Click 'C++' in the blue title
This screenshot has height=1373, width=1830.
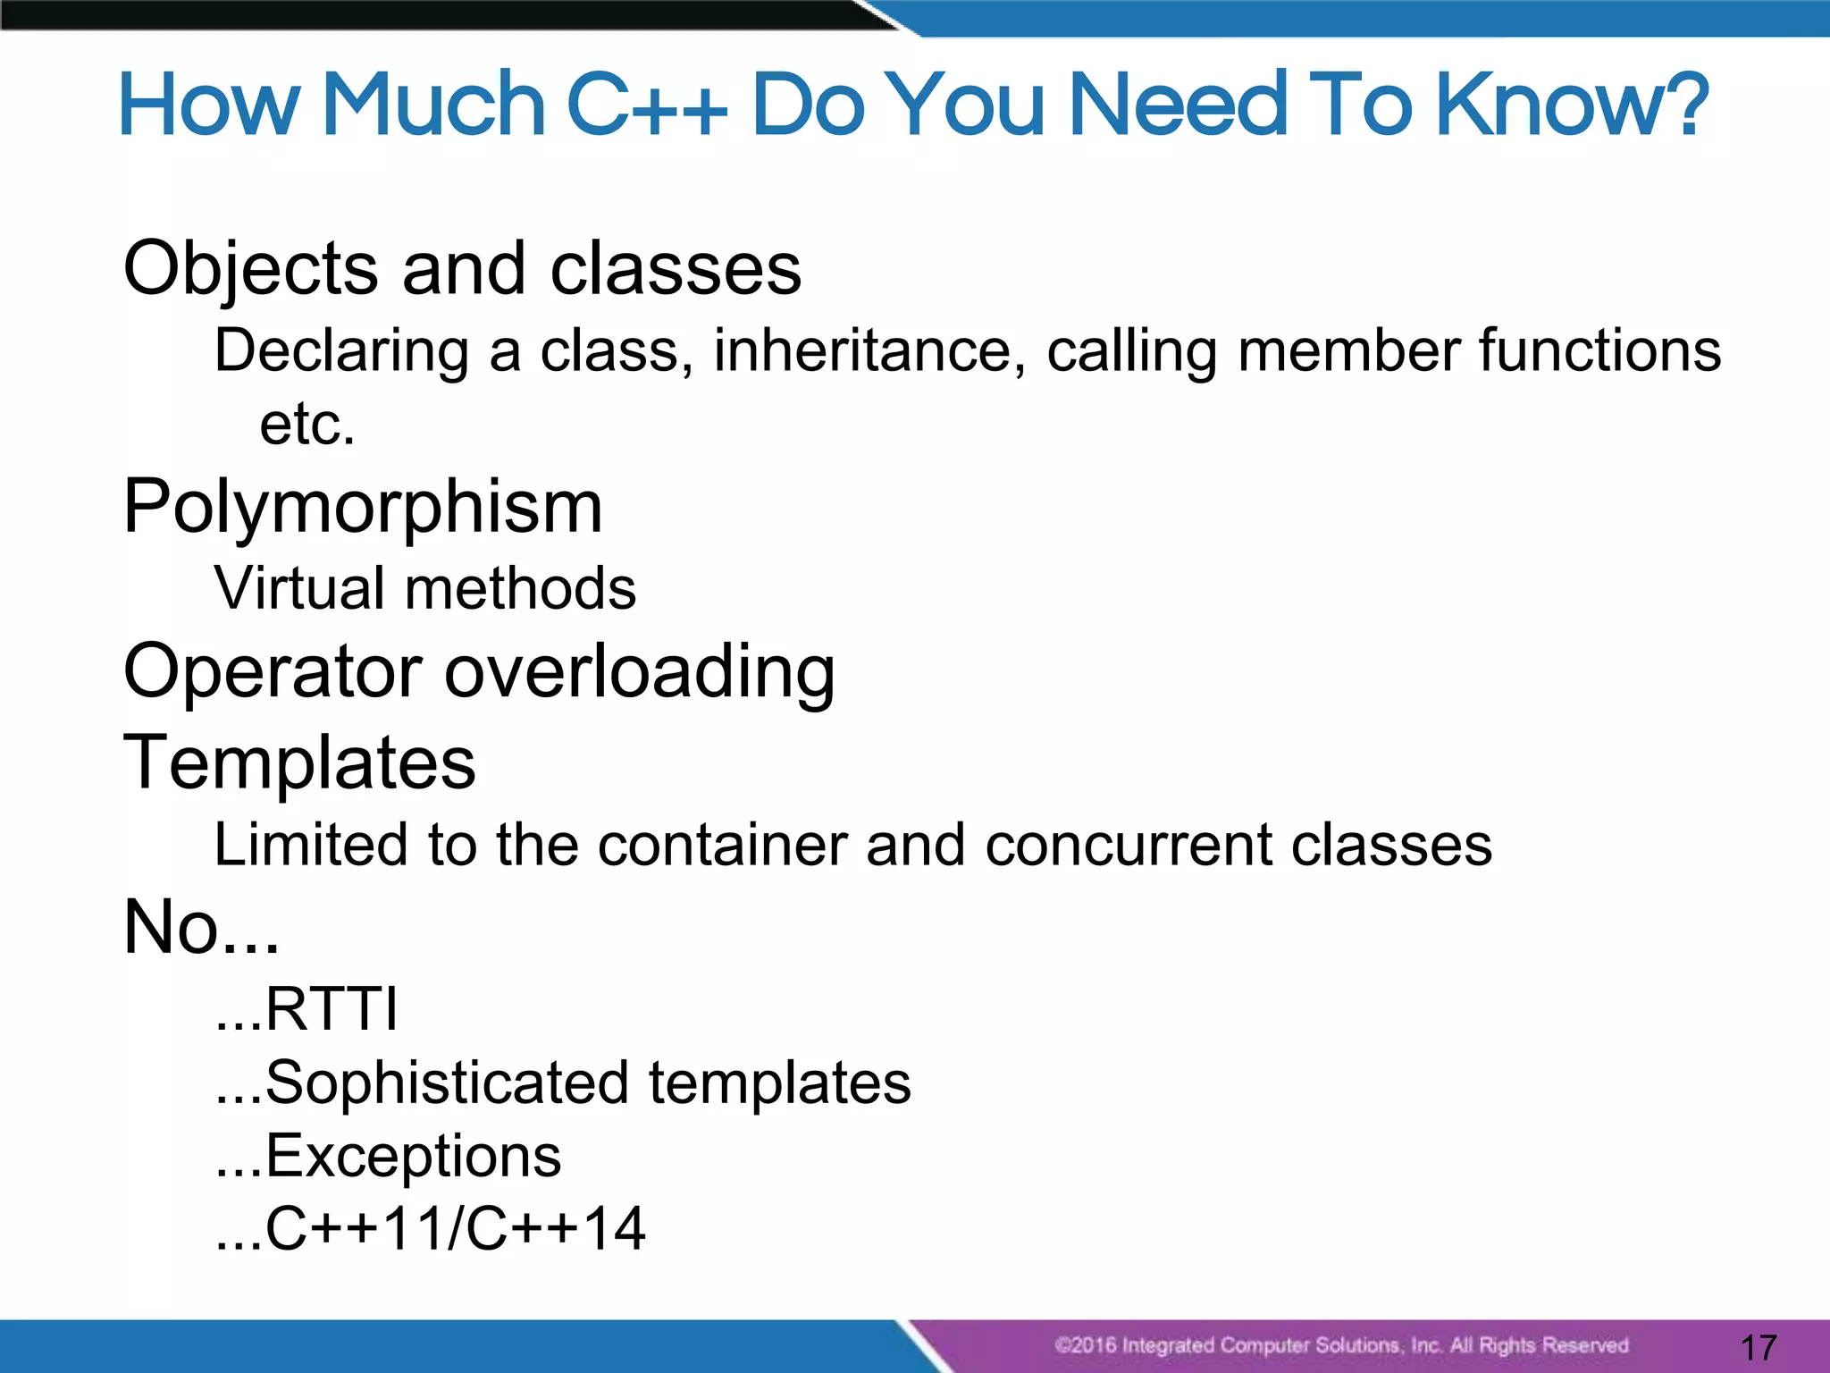click(x=647, y=105)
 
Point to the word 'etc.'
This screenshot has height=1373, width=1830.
click(x=307, y=424)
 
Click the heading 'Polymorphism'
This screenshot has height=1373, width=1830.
click(x=363, y=508)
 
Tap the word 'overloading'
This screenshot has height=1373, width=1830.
click(x=640, y=672)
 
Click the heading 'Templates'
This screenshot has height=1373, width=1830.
click(x=299, y=762)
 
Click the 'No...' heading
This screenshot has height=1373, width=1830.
click(x=201, y=927)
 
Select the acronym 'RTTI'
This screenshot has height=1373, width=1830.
click(x=331, y=1010)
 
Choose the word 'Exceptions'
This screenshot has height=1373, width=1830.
click(x=413, y=1156)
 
